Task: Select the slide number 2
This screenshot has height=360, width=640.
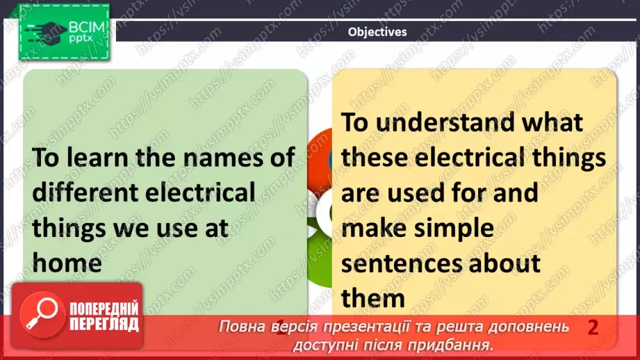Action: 593,327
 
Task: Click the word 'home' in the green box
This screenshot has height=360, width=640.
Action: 67,263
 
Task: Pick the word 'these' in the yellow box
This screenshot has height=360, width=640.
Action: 379,158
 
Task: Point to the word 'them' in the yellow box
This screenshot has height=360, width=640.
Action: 373,299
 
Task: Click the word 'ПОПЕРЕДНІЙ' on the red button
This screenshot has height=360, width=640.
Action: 104,309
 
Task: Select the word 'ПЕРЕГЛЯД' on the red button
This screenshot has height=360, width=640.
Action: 104,325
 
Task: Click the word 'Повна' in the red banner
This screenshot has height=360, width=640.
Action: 241,327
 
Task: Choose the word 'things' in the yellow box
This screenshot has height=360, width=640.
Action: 566,158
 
